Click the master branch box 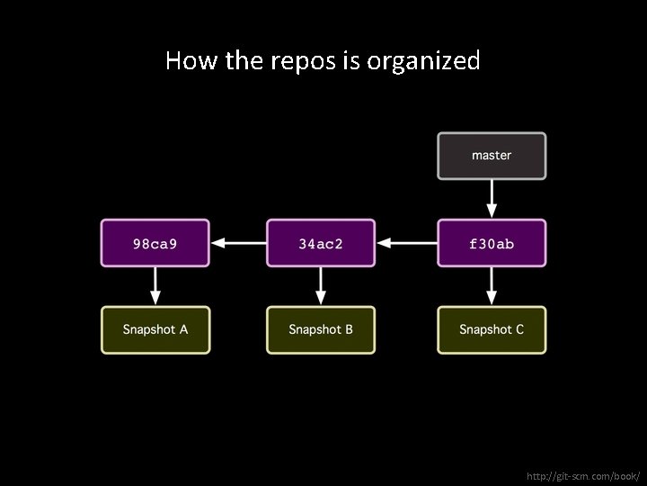(x=492, y=155)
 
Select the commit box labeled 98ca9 (x=155, y=243)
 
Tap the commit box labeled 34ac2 (x=321, y=243)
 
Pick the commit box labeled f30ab (x=492, y=243)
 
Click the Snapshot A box (x=155, y=329)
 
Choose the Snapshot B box (x=321, y=329)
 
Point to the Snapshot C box (x=492, y=329)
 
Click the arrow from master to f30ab (x=492, y=198)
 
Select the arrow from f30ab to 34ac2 (x=406, y=243)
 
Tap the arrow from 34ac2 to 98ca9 (x=238, y=243)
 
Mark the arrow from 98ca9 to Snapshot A (x=155, y=286)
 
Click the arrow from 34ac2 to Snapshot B (x=321, y=286)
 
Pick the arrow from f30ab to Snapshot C (x=492, y=286)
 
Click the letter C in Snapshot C (x=518, y=329)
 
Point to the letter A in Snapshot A (x=183, y=329)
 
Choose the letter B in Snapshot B (x=349, y=329)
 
